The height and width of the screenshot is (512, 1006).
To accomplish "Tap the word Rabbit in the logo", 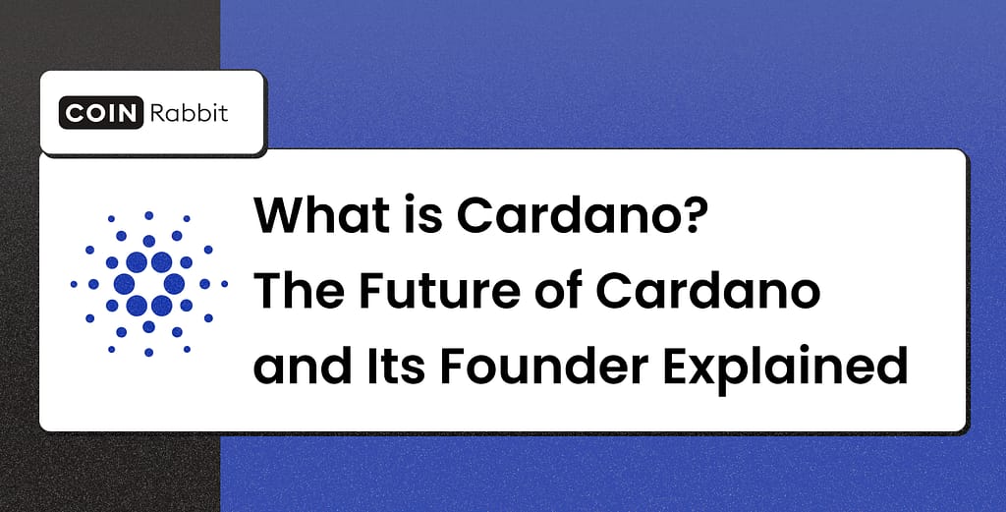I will point(188,113).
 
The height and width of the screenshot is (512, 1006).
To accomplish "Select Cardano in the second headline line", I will point(722,292).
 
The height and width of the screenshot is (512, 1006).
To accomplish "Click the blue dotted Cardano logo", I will point(148,283).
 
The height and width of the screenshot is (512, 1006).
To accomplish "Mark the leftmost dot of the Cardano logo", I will point(74,284).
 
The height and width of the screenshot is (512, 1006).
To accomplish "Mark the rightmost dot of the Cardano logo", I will point(224,284).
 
